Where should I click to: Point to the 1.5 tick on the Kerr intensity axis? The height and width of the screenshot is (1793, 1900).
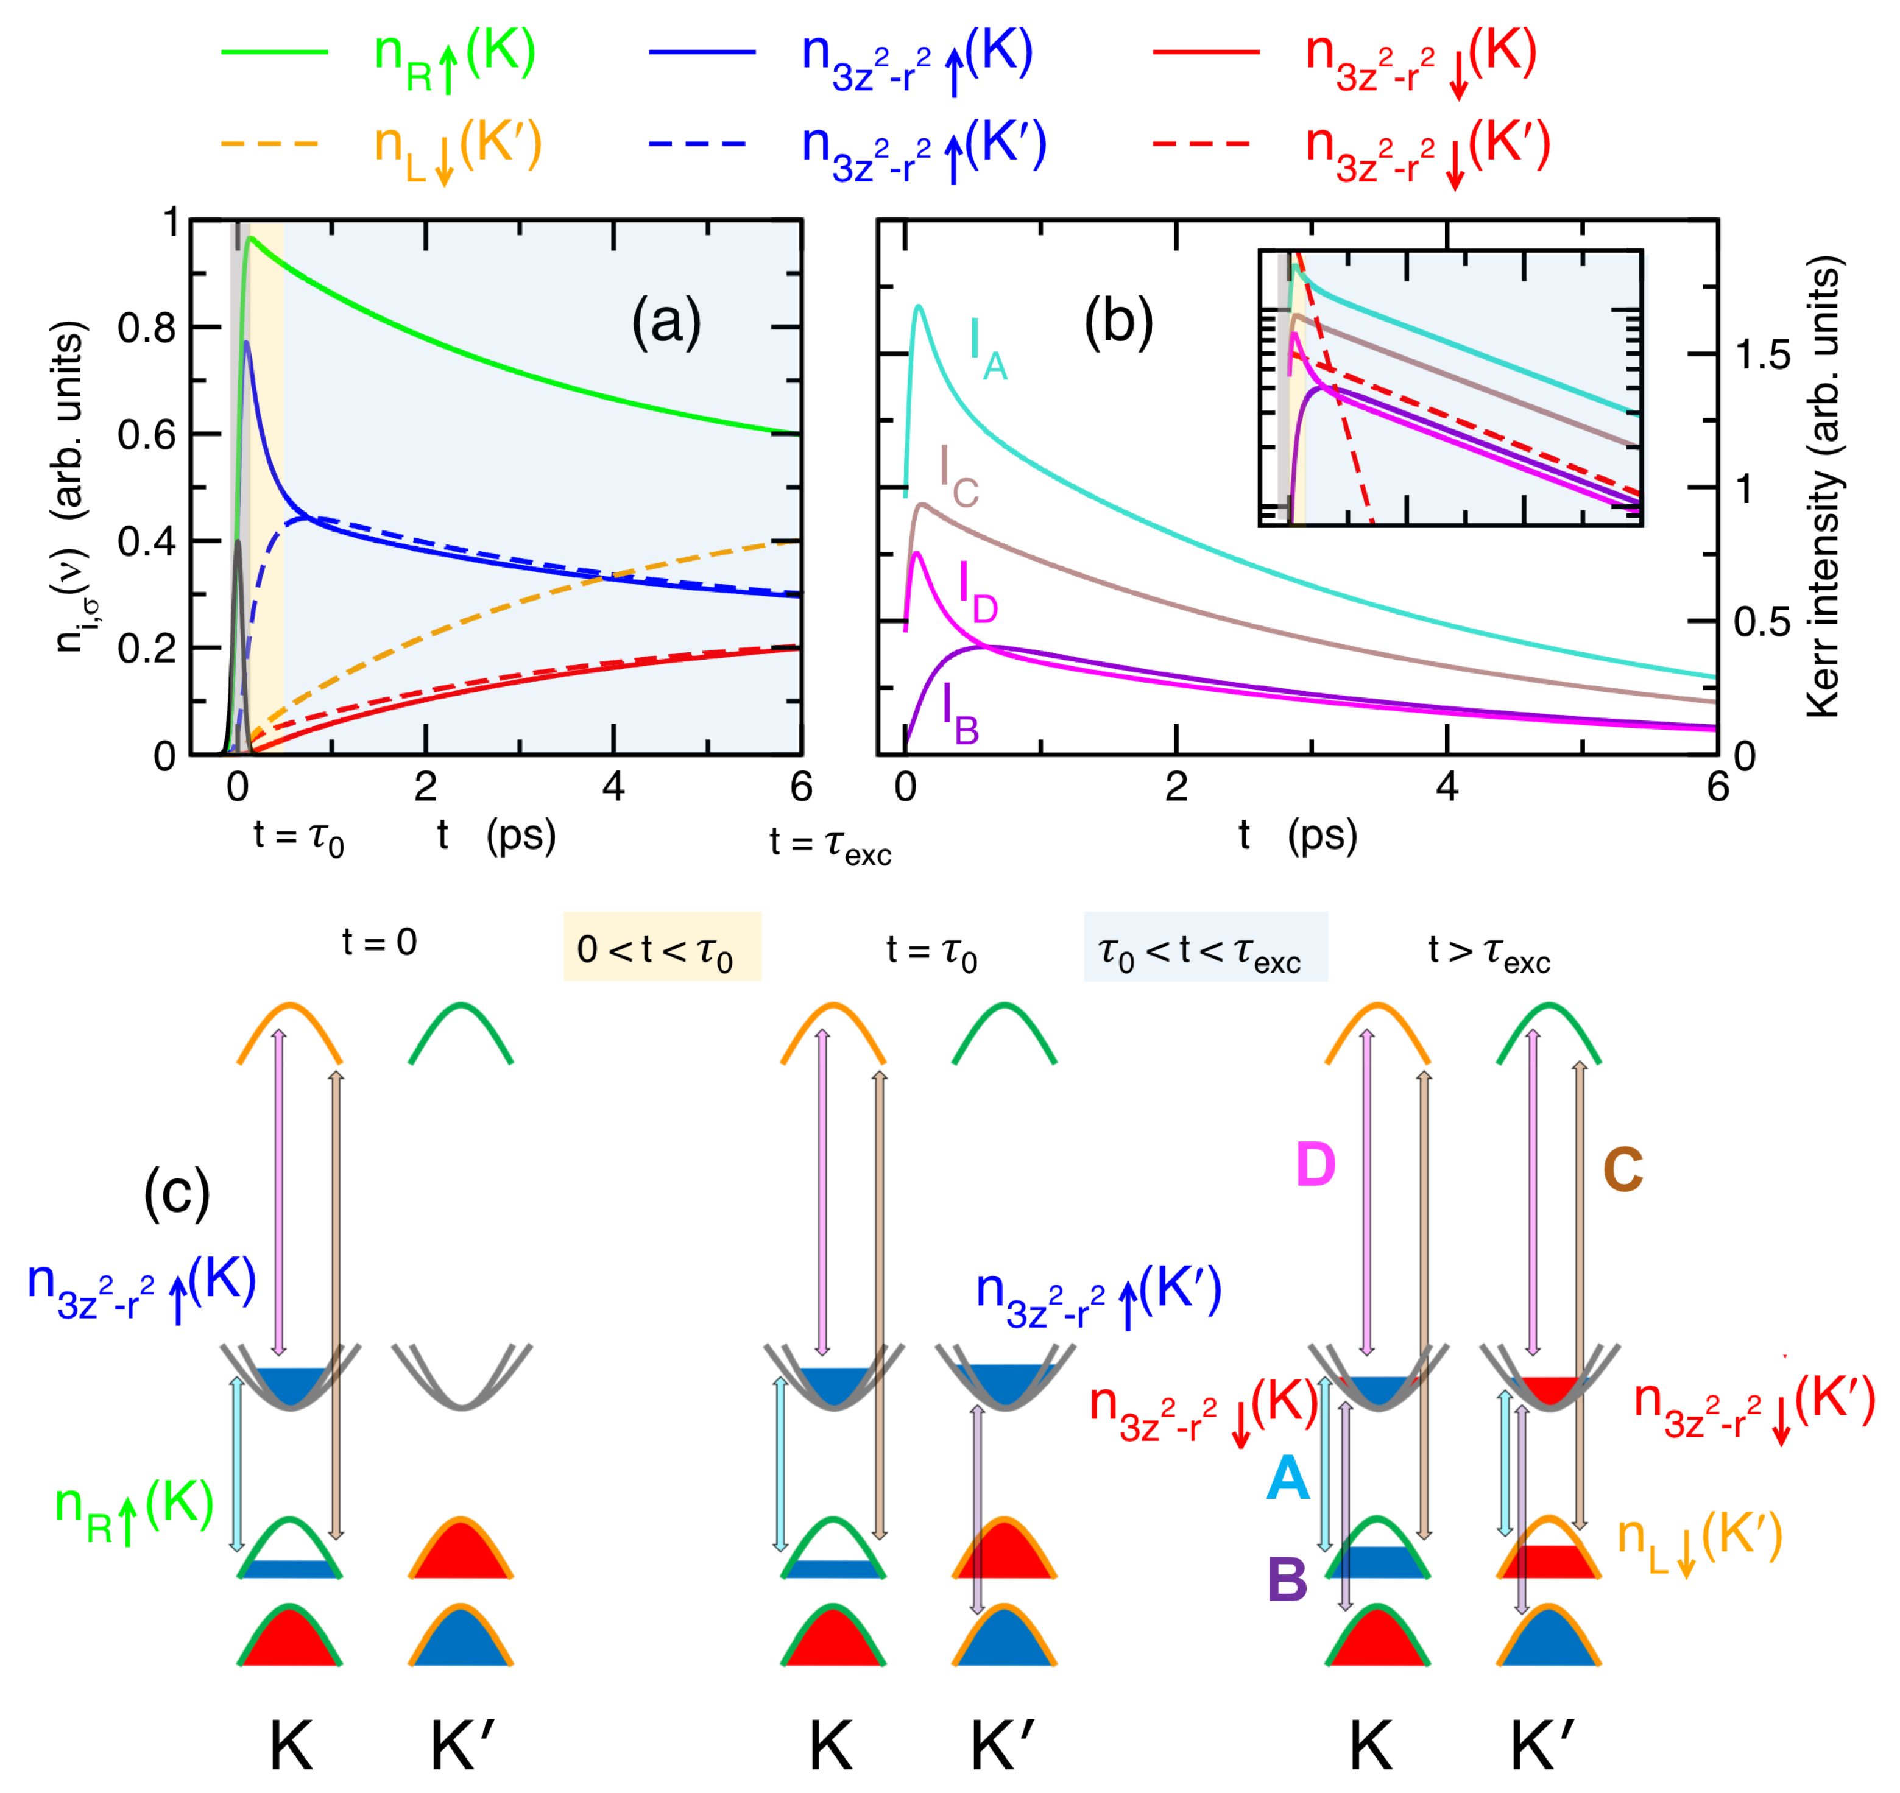click(x=1764, y=356)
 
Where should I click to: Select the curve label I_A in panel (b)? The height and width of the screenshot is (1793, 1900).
click(x=987, y=350)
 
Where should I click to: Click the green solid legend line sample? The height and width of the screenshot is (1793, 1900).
click(x=274, y=52)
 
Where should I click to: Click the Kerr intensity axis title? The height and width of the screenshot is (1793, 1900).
click(x=1823, y=487)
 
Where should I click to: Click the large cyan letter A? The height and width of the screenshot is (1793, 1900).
click(x=1287, y=1479)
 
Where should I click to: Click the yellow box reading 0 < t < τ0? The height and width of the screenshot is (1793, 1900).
click(x=662, y=946)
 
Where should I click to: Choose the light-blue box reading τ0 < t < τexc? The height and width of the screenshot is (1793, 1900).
click(x=1204, y=946)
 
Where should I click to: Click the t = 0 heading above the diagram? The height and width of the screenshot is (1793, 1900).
click(x=380, y=942)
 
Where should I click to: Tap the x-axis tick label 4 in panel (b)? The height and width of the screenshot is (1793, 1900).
click(x=1447, y=787)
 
